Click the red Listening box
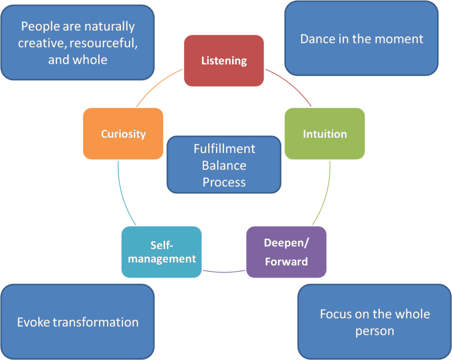224,61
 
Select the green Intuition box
324,134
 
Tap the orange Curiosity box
123,134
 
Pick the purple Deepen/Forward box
286,252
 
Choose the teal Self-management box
162,252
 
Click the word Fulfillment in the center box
224,149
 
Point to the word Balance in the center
224,165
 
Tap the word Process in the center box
224,182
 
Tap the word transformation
95,322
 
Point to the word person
375,331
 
